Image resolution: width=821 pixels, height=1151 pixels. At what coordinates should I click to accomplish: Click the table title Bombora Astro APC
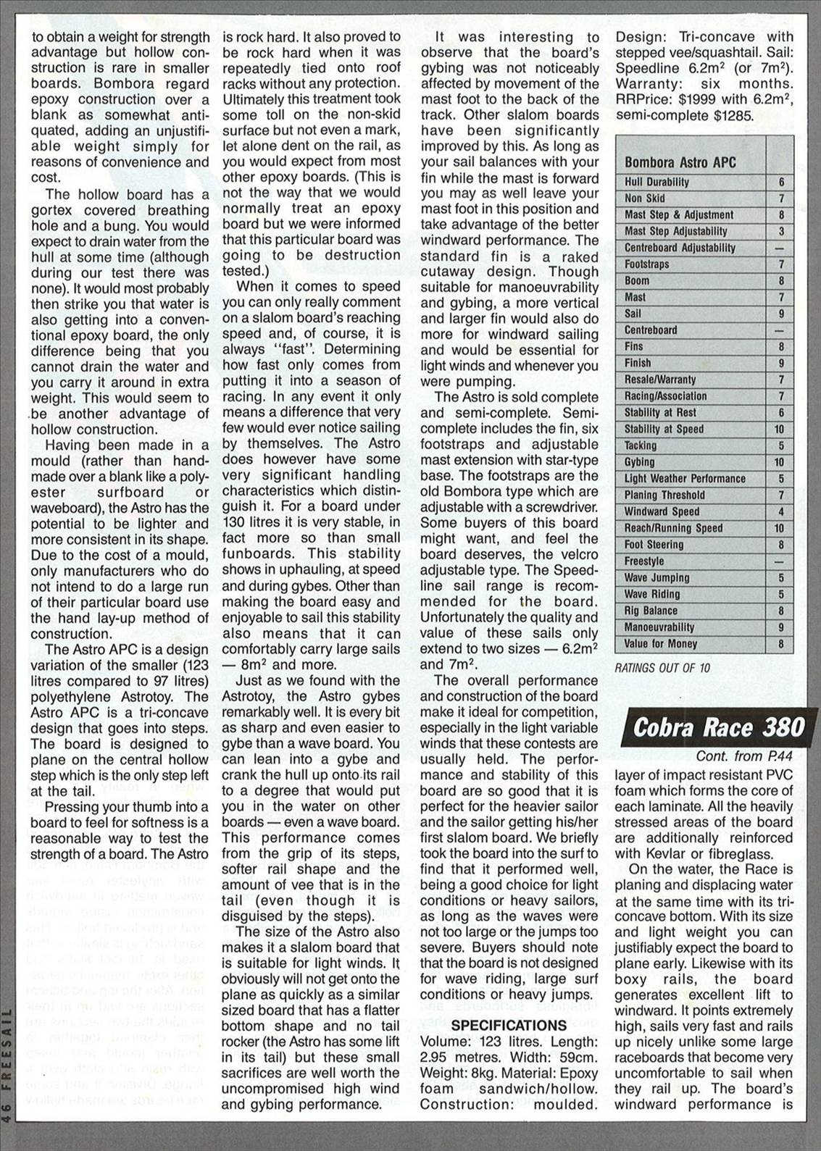pyautogui.click(x=680, y=162)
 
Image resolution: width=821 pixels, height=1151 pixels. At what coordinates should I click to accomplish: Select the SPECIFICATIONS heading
pyautogui.click(x=509, y=1025)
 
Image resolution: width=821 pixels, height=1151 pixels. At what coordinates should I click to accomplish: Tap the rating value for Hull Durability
pyautogui.click(x=780, y=183)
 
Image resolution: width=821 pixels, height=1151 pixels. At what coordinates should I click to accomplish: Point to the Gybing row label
pyautogui.click(x=639, y=462)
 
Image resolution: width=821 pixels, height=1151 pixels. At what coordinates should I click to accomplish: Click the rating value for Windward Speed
pyautogui.click(x=780, y=512)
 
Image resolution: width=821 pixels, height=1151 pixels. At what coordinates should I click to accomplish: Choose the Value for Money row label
pyautogui.click(x=660, y=644)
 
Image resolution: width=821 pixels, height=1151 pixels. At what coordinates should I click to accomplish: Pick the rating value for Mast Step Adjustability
pyautogui.click(x=780, y=232)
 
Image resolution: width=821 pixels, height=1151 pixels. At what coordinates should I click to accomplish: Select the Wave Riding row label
pyautogui.click(x=651, y=595)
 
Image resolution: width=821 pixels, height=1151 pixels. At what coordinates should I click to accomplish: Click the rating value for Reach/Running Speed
pyautogui.click(x=780, y=529)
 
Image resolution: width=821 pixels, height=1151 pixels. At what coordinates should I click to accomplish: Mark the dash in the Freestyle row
pyautogui.click(x=780, y=561)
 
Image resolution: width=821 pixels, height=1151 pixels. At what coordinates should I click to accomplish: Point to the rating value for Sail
pyautogui.click(x=780, y=314)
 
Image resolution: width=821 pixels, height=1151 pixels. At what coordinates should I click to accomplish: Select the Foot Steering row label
pyautogui.click(x=654, y=545)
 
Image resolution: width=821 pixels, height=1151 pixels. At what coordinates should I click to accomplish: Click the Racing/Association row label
pyautogui.click(x=665, y=396)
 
